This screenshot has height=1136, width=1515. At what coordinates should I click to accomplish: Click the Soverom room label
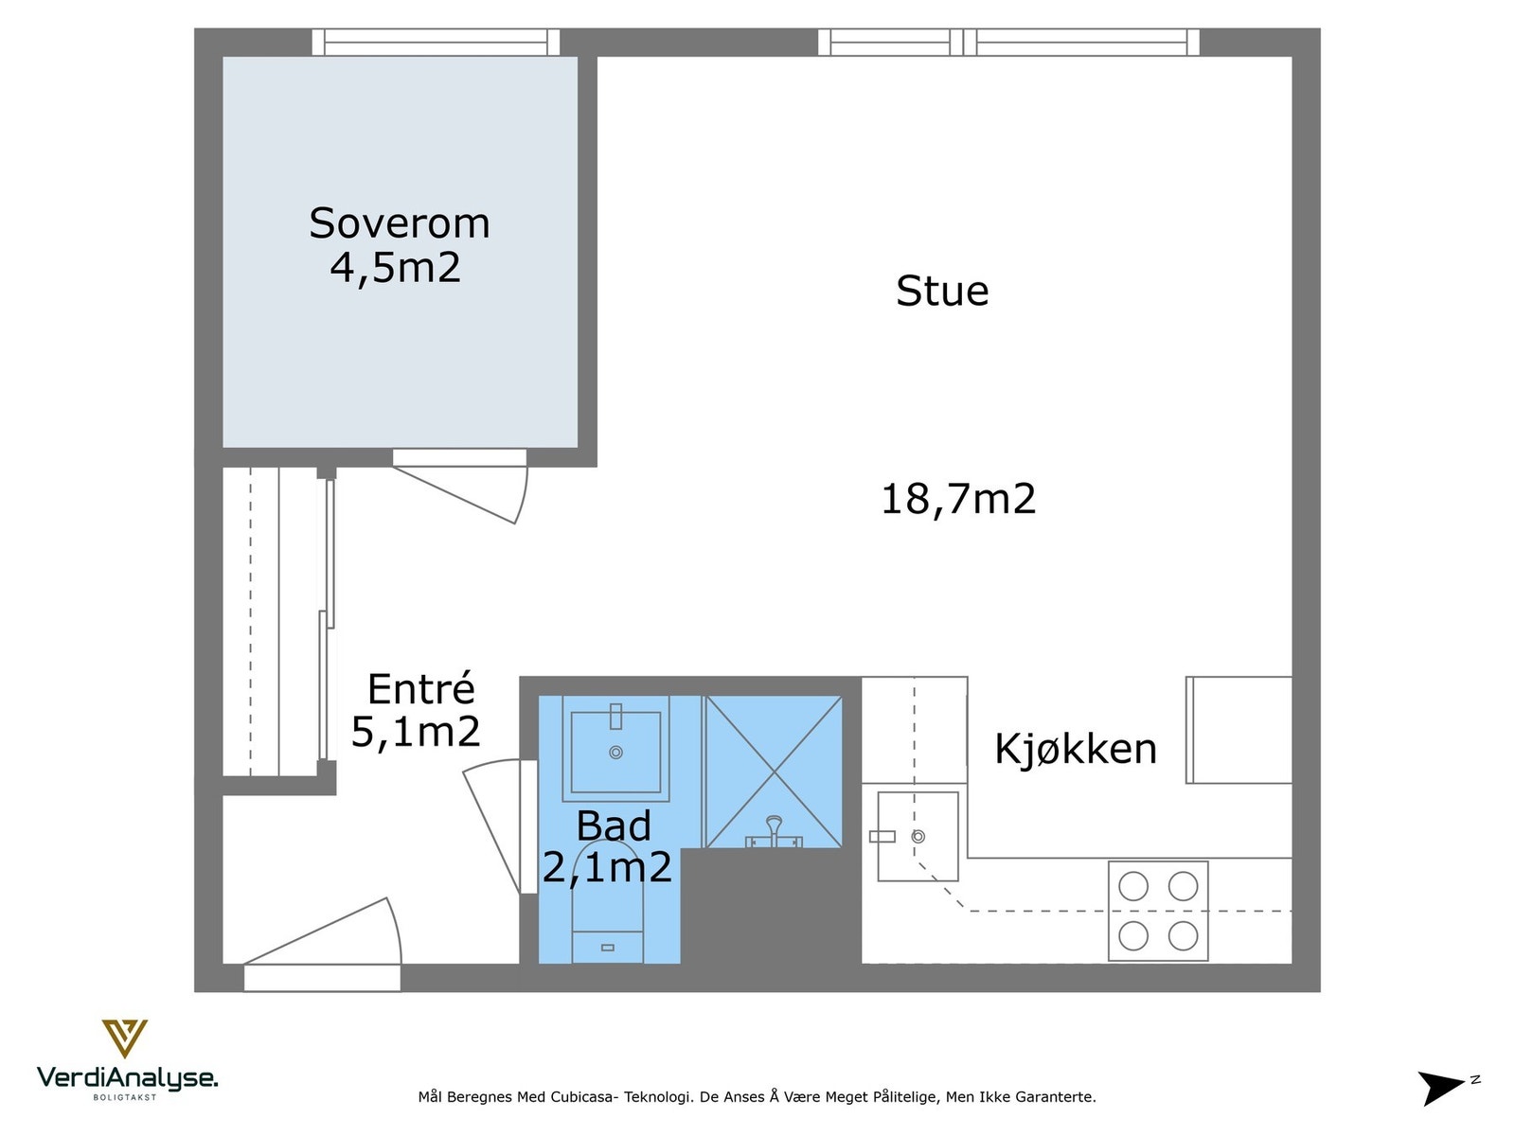[399, 224]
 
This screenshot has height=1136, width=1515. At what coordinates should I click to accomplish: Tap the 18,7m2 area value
[957, 499]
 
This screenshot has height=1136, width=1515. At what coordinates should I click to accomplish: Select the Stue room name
[941, 291]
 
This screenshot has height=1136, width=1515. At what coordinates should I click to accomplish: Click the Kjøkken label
[1075, 749]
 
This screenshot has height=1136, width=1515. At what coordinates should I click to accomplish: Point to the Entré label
[420, 689]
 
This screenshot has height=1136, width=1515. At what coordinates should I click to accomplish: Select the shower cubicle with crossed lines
[774, 772]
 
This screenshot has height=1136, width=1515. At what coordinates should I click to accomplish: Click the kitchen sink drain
[918, 837]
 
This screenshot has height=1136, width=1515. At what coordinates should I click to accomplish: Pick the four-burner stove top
[1157, 911]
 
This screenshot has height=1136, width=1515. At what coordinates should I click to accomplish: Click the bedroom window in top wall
[436, 42]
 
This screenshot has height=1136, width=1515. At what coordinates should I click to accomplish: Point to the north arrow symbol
[1442, 1087]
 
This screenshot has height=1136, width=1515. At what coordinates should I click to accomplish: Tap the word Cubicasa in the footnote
[583, 1097]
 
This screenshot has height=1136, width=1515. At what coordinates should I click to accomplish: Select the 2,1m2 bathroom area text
[606, 867]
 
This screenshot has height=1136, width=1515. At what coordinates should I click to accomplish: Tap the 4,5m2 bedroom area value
[395, 268]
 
